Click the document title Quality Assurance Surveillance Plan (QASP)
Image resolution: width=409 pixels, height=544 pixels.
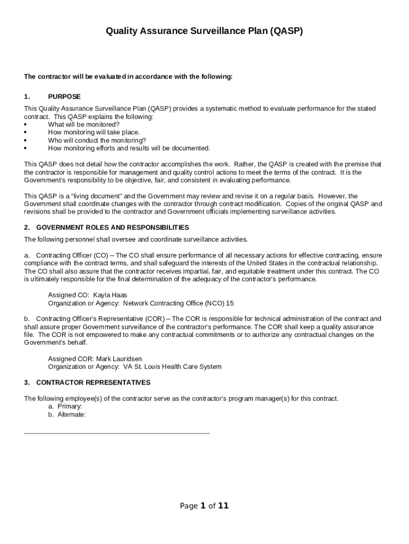(x=204, y=31)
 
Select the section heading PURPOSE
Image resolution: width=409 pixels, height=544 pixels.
(x=64, y=97)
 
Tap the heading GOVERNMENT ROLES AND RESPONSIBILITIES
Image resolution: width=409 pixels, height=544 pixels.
(x=112, y=227)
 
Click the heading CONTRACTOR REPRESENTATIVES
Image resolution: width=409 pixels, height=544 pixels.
(x=93, y=382)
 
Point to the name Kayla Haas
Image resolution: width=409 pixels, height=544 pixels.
(x=110, y=295)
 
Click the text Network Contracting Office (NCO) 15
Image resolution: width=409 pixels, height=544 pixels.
(x=178, y=303)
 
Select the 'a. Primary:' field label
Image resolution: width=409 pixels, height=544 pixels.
(x=65, y=406)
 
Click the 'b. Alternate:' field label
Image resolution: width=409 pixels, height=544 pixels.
(x=67, y=414)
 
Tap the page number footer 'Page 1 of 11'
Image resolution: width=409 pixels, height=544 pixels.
(x=204, y=506)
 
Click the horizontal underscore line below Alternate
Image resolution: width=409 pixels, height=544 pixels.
(x=117, y=432)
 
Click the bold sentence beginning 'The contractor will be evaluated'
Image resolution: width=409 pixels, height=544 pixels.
(x=128, y=76)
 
